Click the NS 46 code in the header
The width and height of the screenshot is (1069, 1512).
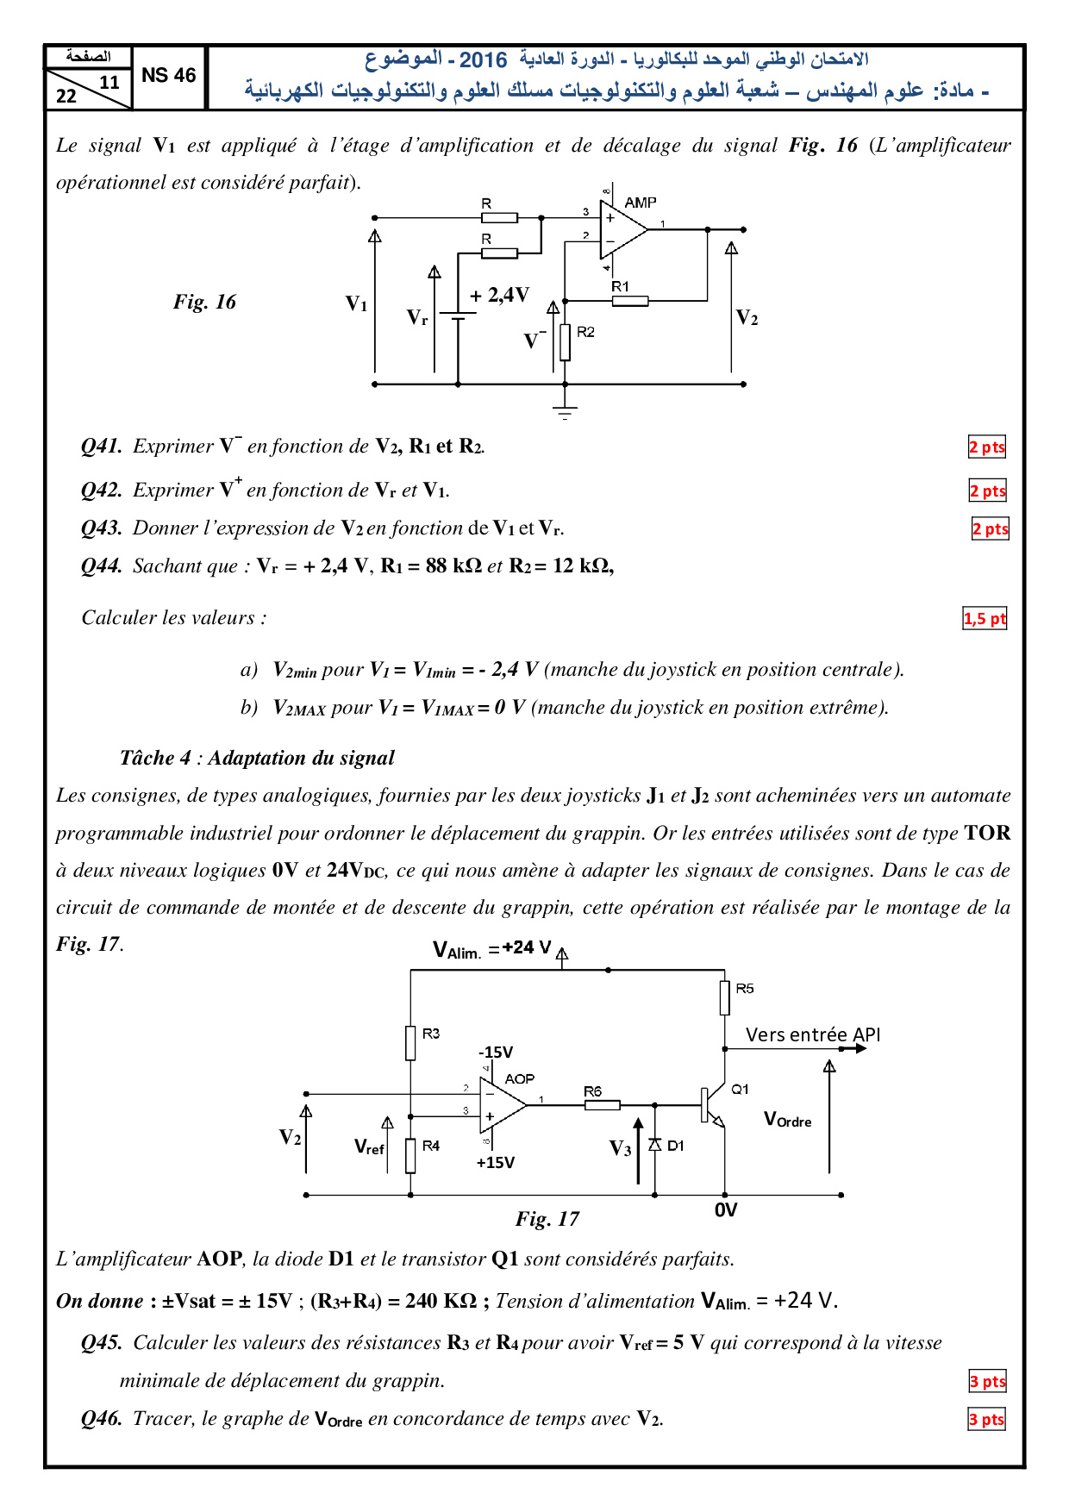[169, 76]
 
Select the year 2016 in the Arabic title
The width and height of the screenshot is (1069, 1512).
[483, 59]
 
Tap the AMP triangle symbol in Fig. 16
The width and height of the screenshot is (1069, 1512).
[623, 230]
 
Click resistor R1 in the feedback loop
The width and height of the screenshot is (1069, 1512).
[630, 301]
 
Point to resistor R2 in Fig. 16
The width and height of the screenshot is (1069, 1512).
[565, 341]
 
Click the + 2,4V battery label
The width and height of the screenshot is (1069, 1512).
[500, 296]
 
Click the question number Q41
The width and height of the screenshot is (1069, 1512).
[102, 447]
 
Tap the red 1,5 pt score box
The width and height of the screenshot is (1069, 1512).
[985, 618]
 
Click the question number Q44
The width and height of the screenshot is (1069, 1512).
[102, 566]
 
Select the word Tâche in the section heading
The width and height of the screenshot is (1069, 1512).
[147, 758]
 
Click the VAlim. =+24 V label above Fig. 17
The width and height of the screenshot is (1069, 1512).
[492, 949]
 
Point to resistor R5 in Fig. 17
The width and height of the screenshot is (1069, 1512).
[725, 997]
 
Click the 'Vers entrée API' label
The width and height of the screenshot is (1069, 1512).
[813, 1034]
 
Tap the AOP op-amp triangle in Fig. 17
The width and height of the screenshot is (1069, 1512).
[503, 1105]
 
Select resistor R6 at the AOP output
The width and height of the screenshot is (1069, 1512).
[603, 1105]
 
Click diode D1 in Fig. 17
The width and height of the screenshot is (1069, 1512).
[655, 1145]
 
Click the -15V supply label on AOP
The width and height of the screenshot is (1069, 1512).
[496, 1053]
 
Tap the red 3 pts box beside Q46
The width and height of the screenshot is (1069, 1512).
[987, 1419]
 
